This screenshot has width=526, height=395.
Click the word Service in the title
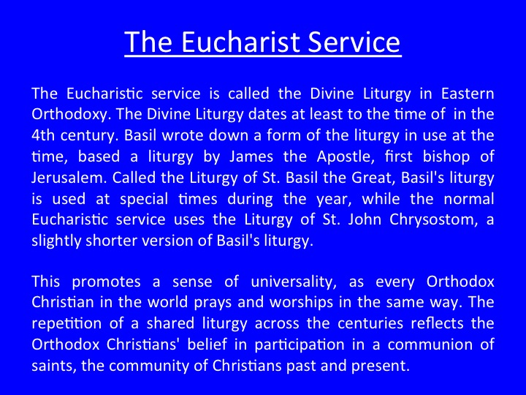(x=354, y=42)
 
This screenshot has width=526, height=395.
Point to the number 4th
(x=42, y=135)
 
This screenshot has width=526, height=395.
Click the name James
(x=251, y=157)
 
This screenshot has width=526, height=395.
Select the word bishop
(x=446, y=157)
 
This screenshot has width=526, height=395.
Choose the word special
(x=144, y=199)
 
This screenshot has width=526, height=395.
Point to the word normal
(x=468, y=199)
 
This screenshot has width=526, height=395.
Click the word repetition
(x=66, y=324)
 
